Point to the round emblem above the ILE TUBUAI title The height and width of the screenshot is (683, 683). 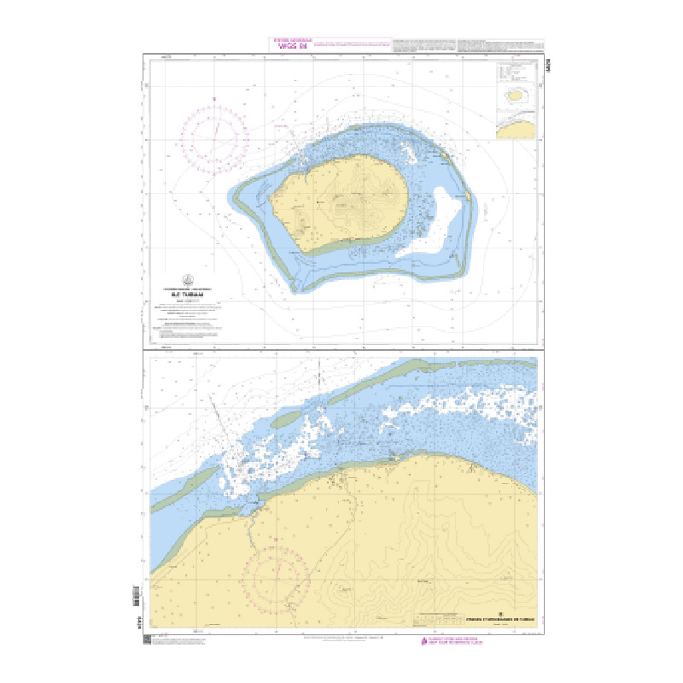tap(187, 278)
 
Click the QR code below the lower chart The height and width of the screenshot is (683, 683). tap(146, 639)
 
